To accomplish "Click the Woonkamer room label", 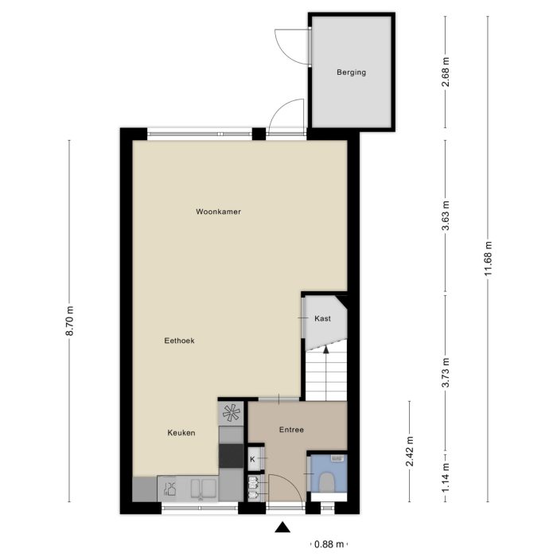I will tap(218, 212).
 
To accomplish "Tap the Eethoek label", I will tap(179, 341).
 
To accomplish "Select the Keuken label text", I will tap(181, 433).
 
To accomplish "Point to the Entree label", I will tap(291, 430).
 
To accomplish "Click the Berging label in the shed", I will tap(351, 72).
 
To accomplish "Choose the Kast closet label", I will tap(322, 318).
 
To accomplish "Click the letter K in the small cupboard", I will tap(253, 460).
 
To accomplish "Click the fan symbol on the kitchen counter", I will tap(231, 412).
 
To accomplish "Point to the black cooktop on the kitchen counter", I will tap(231, 455).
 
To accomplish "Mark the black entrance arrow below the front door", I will tap(281, 527).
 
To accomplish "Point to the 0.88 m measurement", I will tap(329, 544).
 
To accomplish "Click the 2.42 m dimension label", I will tap(410, 451).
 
